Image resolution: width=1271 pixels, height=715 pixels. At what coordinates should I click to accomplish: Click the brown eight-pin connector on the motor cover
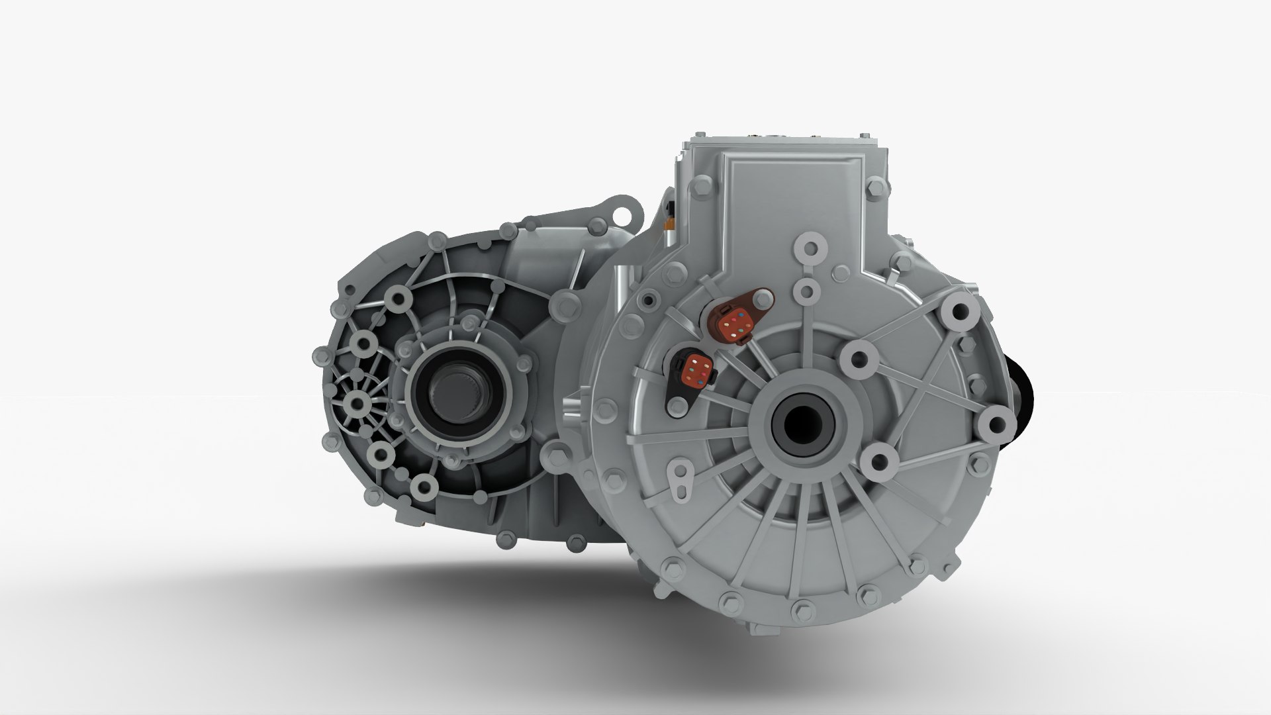(x=735, y=322)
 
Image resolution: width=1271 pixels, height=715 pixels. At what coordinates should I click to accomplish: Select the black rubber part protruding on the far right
(x=1019, y=397)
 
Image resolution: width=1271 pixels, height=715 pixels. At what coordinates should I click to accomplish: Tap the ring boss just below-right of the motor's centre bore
(x=879, y=458)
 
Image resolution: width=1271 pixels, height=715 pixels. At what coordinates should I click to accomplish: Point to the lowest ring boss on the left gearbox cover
(x=421, y=488)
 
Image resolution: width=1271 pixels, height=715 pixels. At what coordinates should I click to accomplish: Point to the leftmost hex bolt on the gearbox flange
(x=318, y=356)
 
